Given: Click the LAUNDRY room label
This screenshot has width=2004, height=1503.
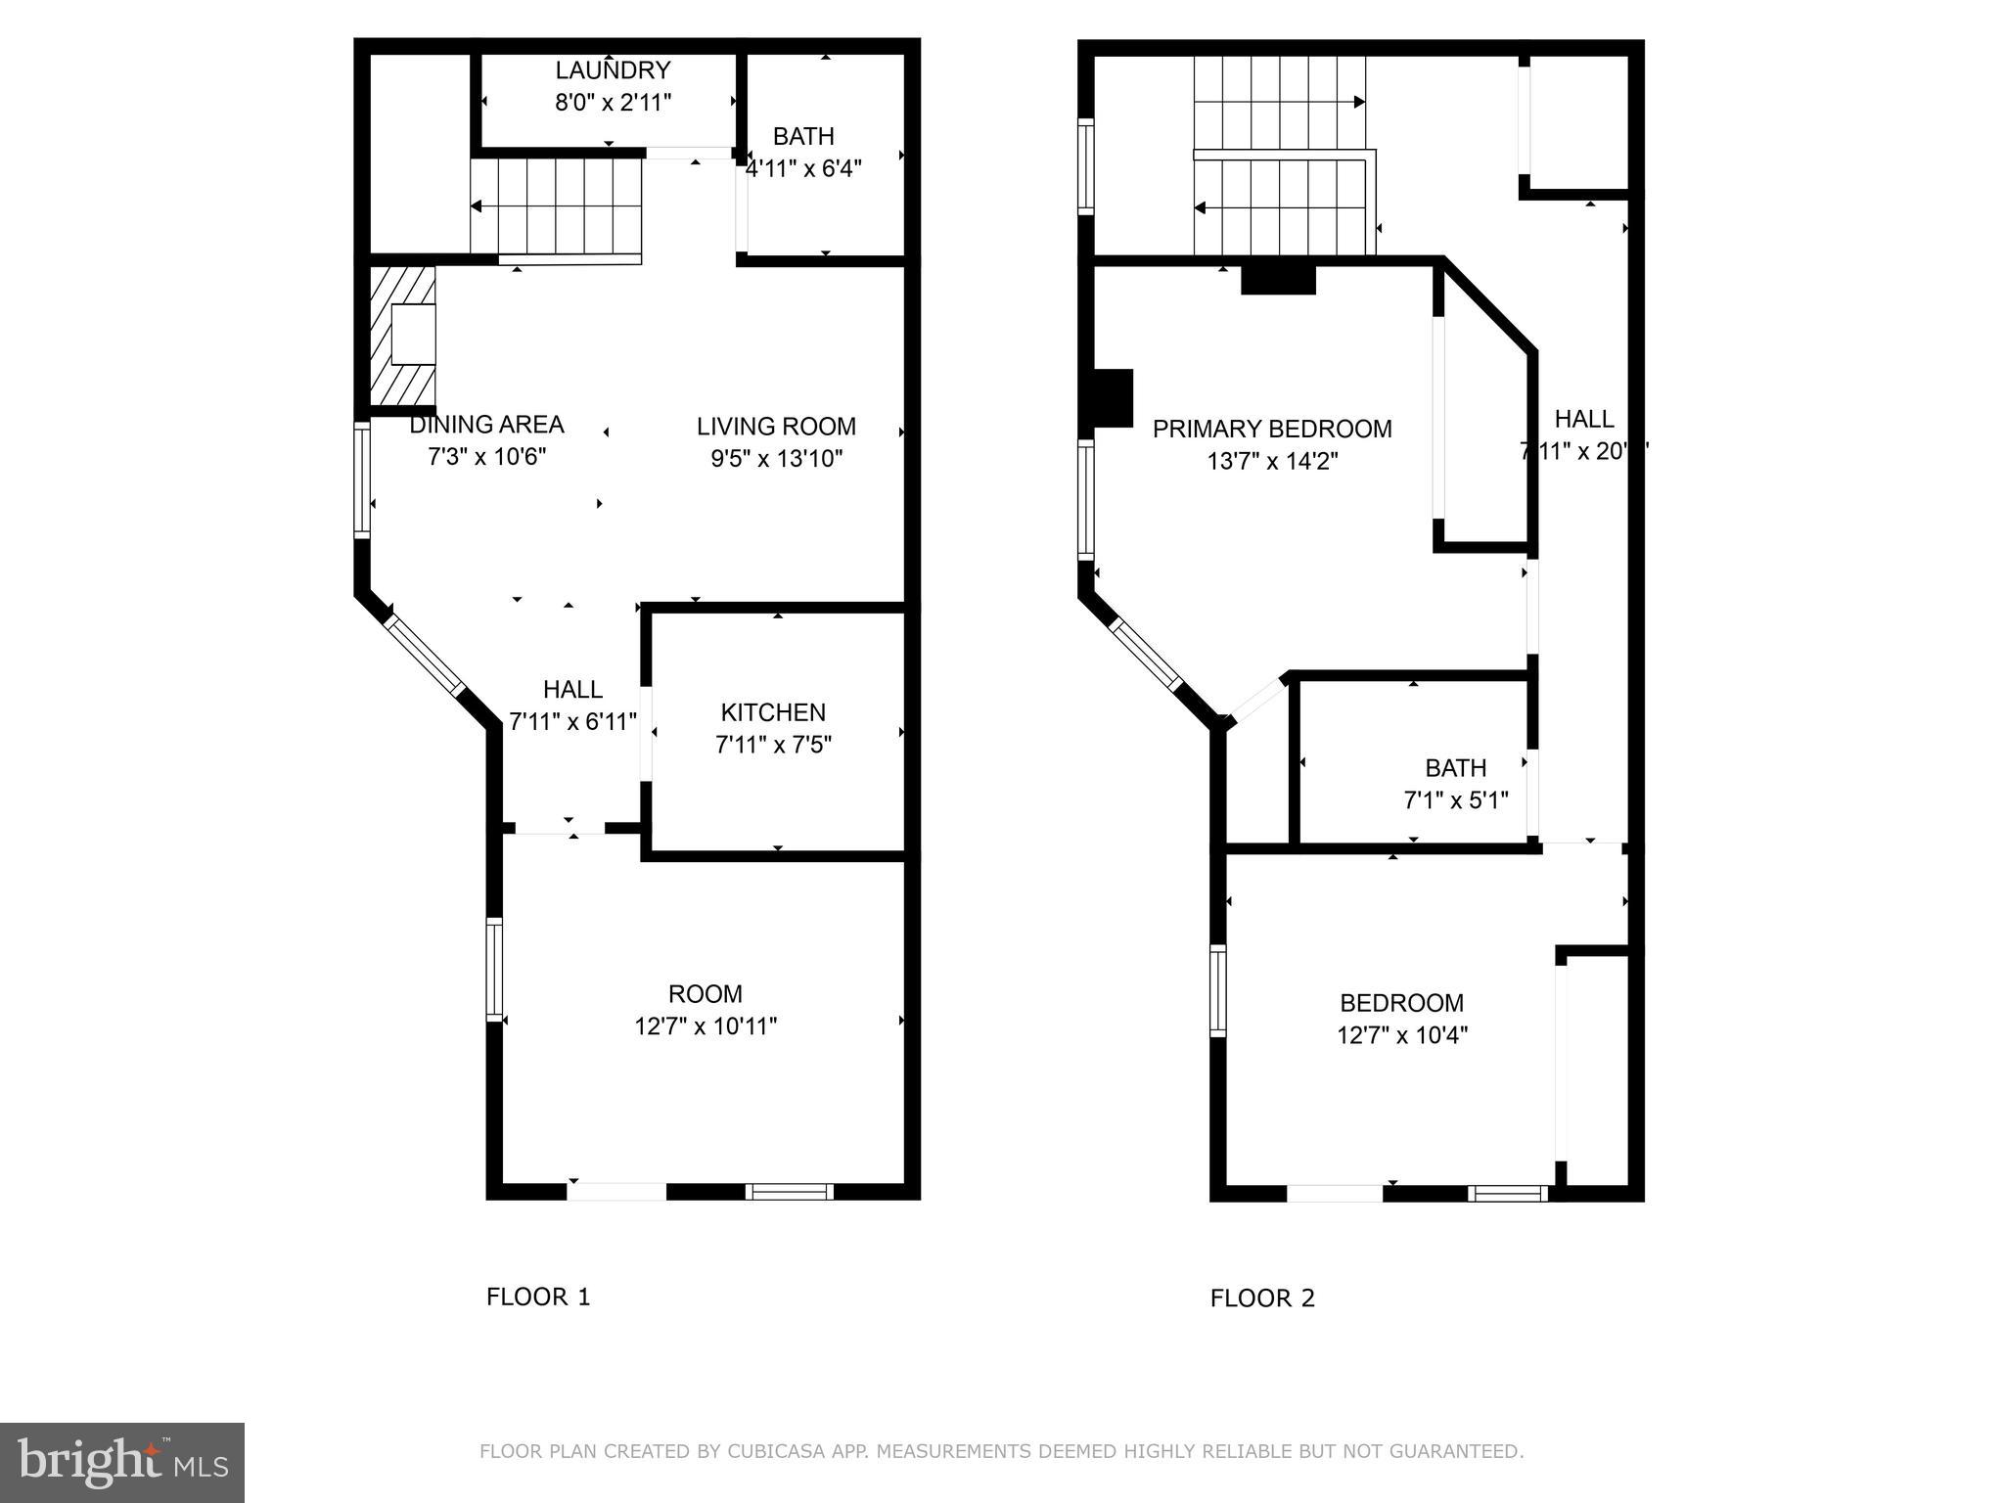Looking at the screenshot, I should pyautogui.click(x=613, y=70).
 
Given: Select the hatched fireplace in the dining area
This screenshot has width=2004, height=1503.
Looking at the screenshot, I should pyautogui.click(x=403, y=335).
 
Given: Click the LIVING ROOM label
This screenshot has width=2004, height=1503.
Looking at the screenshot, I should pyautogui.click(x=776, y=427).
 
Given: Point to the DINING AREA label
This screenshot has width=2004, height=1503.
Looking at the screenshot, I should pyautogui.click(x=486, y=425).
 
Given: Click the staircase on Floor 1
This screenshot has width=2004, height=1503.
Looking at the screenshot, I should pyautogui.click(x=556, y=206).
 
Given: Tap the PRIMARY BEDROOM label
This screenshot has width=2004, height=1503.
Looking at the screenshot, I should pyautogui.click(x=1272, y=429).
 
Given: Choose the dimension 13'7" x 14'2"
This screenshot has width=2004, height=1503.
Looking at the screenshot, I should pyautogui.click(x=1272, y=461).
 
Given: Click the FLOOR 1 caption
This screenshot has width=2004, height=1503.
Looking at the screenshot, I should pyautogui.click(x=538, y=1298).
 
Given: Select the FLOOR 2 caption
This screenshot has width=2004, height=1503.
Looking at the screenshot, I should pyautogui.click(x=1262, y=1298).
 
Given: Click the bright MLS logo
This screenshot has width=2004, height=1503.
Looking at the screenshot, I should pyautogui.click(x=122, y=1462).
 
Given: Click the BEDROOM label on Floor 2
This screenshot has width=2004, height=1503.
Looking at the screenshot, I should pyautogui.click(x=1401, y=1003).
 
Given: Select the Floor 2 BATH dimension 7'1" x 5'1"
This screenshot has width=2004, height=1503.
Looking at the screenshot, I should pyautogui.click(x=1455, y=800).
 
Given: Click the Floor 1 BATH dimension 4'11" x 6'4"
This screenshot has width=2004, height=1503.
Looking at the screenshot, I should pyautogui.click(x=803, y=168).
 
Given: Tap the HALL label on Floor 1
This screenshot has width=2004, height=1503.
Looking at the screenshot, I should pyautogui.click(x=572, y=690).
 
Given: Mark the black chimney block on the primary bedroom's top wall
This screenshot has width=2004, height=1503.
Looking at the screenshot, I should pyautogui.click(x=1278, y=280).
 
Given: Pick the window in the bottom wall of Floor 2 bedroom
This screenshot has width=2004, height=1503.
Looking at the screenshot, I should pyautogui.click(x=1507, y=1193).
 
